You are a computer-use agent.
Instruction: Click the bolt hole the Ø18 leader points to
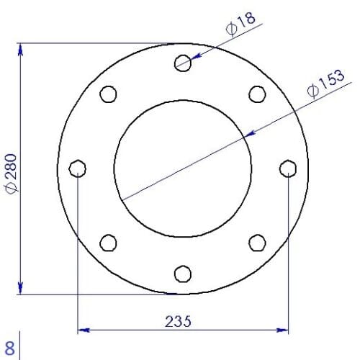[x=183, y=63]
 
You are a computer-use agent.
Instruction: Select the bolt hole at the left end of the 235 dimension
[x=77, y=168]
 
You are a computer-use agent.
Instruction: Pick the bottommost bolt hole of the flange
[x=183, y=274]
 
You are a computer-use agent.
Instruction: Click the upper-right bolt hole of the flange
[x=257, y=94]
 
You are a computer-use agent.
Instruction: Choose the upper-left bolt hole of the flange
[x=108, y=94]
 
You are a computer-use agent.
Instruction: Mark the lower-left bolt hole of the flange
[x=108, y=243]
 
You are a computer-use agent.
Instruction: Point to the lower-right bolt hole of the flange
[x=257, y=243]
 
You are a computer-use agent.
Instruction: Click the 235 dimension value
[x=178, y=321]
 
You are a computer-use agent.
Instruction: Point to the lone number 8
[x=9, y=344]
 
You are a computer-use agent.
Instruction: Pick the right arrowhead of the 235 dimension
[x=282, y=330]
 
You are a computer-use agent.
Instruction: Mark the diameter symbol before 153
[x=312, y=92]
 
